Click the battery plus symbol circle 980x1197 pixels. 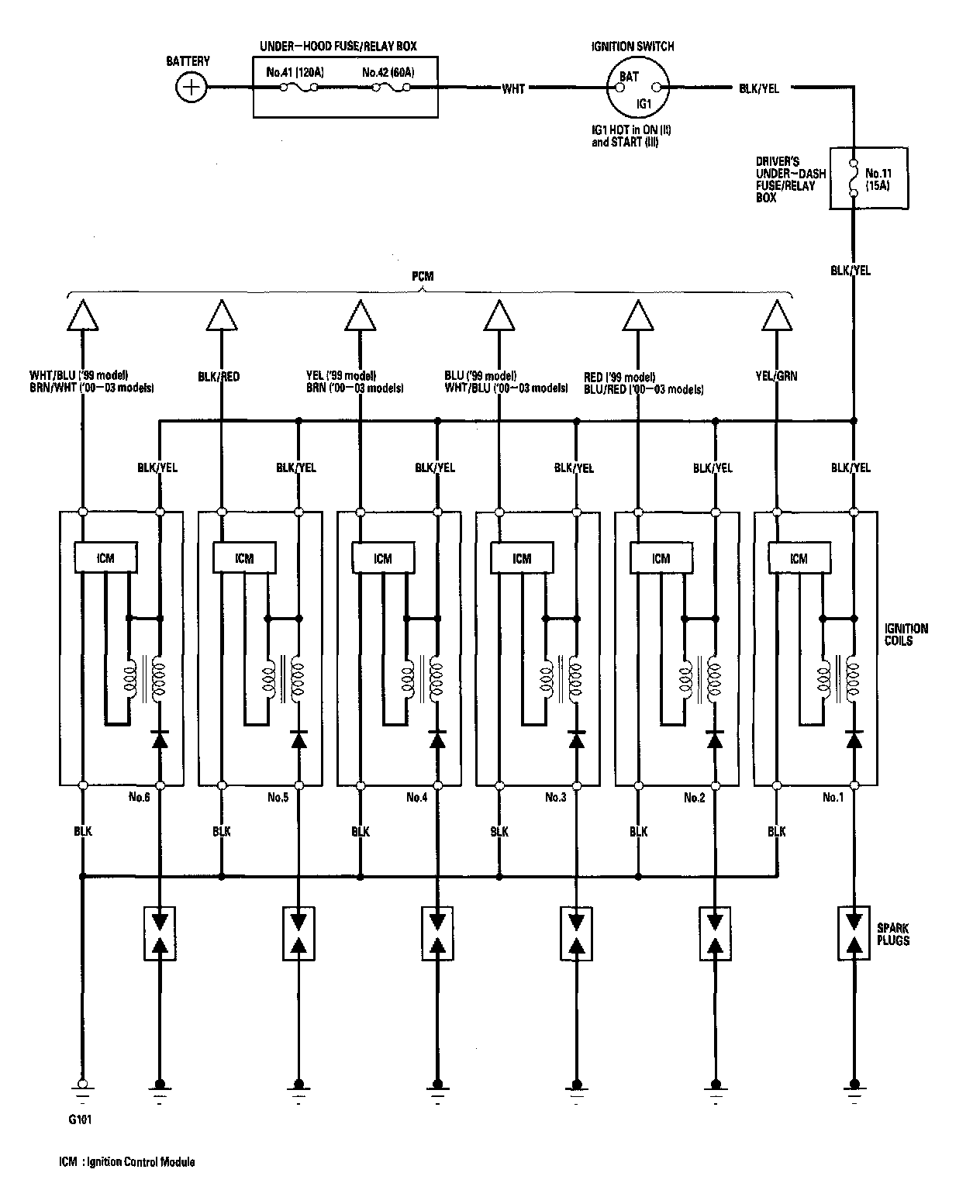190,88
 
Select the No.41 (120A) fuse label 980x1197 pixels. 295,73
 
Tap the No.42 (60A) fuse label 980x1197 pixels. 388,73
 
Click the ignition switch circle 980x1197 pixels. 636,88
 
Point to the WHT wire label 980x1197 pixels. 513,89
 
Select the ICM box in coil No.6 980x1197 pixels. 105,557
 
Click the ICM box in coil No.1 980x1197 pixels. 799,557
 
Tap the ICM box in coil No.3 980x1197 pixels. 522,557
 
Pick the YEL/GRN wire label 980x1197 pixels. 776,376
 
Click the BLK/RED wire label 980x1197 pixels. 219,377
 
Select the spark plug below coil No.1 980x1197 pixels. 854,933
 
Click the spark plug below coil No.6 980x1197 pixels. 160,933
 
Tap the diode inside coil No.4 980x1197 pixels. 437,738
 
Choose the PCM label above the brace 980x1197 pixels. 423,277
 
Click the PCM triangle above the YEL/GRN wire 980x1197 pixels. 776,316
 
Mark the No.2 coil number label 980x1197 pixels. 694,797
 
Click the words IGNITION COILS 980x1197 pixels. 905,635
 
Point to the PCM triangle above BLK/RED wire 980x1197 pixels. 222,316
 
